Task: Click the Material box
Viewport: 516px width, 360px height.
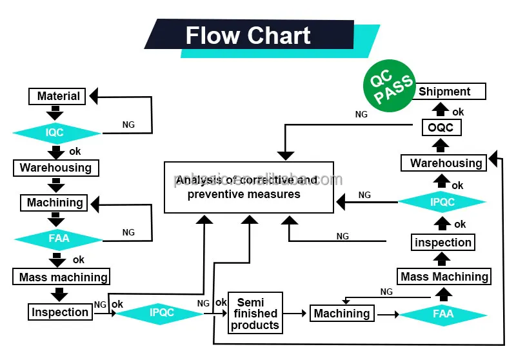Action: [x=57, y=96]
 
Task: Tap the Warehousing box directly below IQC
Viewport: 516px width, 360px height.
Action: [x=56, y=168]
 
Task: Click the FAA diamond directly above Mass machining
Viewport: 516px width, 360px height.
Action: [x=58, y=239]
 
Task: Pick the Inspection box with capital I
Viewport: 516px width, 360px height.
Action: [x=60, y=312]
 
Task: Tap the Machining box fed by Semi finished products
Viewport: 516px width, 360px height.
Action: [x=342, y=314]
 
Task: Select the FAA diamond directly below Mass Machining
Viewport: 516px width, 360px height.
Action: [x=443, y=314]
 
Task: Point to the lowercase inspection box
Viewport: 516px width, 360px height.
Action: [x=443, y=243]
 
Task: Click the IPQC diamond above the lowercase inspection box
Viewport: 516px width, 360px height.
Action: [x=442, y=202]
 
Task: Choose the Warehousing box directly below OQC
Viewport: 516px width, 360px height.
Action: [x=446, y=163]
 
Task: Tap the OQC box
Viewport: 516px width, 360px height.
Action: [x=441, y=127]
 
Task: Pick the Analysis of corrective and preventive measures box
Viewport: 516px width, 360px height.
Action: [x=249, y=187]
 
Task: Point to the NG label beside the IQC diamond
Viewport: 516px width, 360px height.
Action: [x=128, y=125]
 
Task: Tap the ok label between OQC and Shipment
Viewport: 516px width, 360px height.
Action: [x=458, y=112]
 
